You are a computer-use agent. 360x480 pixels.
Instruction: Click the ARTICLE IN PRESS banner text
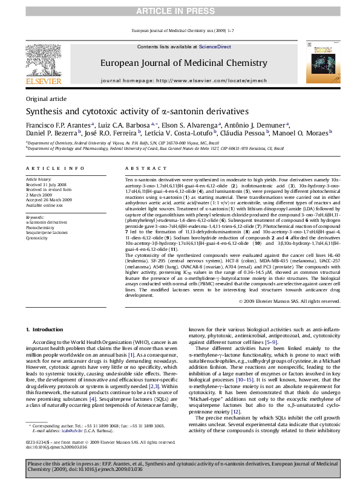point(180,11)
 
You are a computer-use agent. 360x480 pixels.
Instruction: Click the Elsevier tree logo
point(42,58)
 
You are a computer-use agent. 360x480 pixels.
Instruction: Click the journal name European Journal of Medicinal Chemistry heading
point(180,62)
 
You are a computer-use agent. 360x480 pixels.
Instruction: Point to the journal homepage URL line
point(180,80)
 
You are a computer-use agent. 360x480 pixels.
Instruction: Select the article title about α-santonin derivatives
point(128,112)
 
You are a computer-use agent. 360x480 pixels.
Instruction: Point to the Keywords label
point(36,216)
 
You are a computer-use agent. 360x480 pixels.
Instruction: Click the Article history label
point(39,180)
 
